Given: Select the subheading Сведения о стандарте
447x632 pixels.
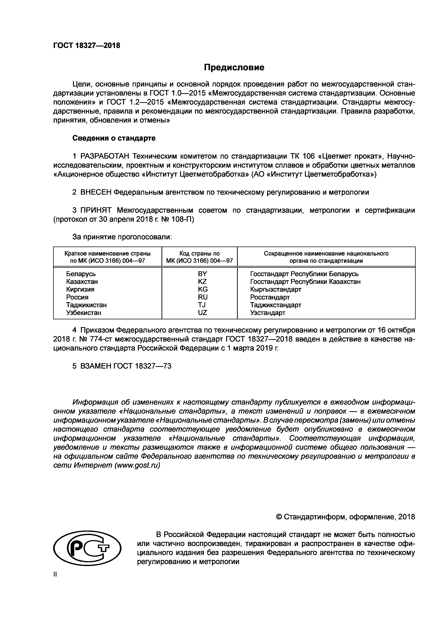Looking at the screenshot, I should point(114,138).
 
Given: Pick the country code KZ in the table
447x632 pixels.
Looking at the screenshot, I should point(202,282).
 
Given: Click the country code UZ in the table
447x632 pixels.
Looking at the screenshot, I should point(202,313).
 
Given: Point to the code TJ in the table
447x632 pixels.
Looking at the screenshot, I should point(202,305).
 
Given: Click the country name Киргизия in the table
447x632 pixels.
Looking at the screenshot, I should point(80,289).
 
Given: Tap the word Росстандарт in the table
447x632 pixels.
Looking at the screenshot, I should point(270,297).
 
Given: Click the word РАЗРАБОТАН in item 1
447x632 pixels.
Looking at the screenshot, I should point(105,156).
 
